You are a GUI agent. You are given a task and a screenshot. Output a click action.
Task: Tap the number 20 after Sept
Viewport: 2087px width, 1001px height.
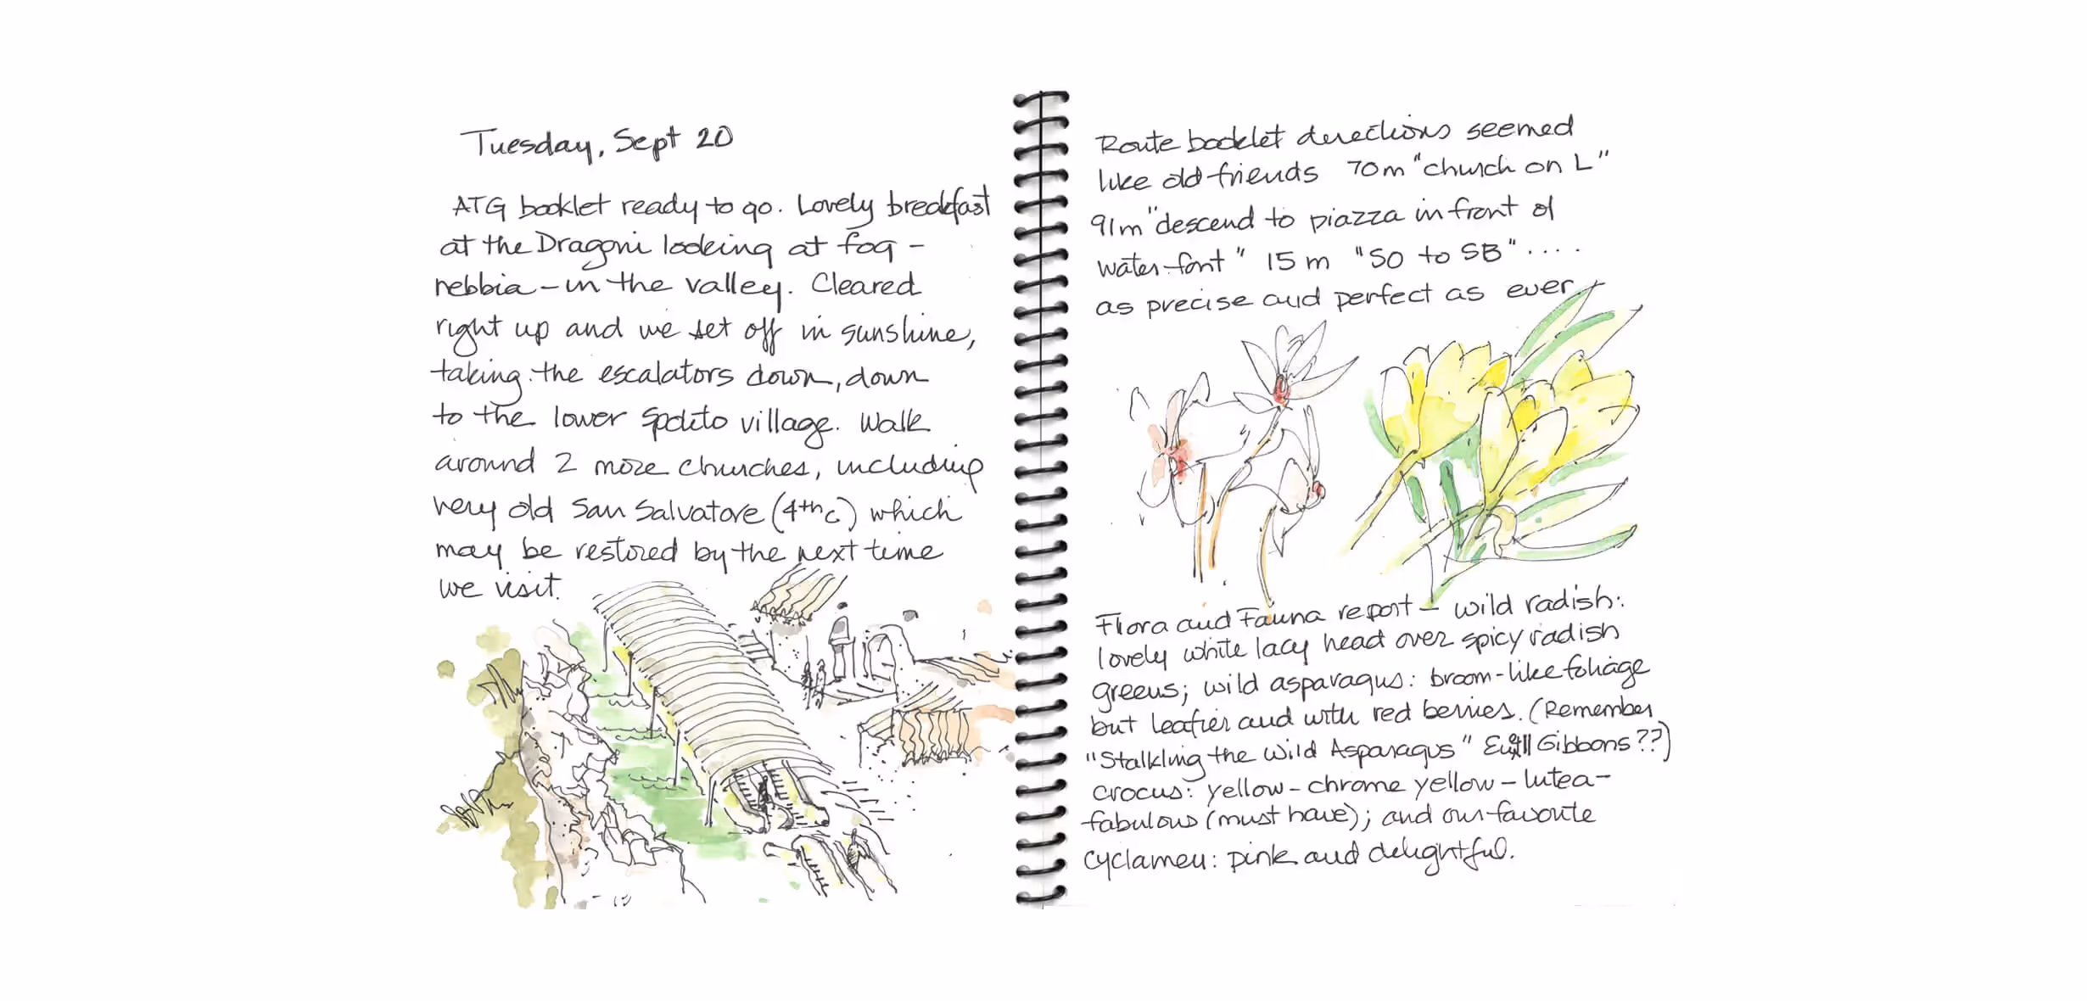(713, 138)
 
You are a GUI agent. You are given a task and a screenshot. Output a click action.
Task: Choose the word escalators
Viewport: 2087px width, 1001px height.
(665, 375)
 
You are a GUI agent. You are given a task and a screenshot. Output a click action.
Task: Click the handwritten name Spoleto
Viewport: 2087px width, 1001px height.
(683, 419)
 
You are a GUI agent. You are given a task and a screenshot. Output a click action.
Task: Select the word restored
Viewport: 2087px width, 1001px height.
(626, 552)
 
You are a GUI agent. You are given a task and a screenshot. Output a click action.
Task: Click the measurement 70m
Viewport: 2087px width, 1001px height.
(1375, 170)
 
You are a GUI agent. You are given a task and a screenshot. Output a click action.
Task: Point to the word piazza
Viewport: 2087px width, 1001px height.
(1357, 218)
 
